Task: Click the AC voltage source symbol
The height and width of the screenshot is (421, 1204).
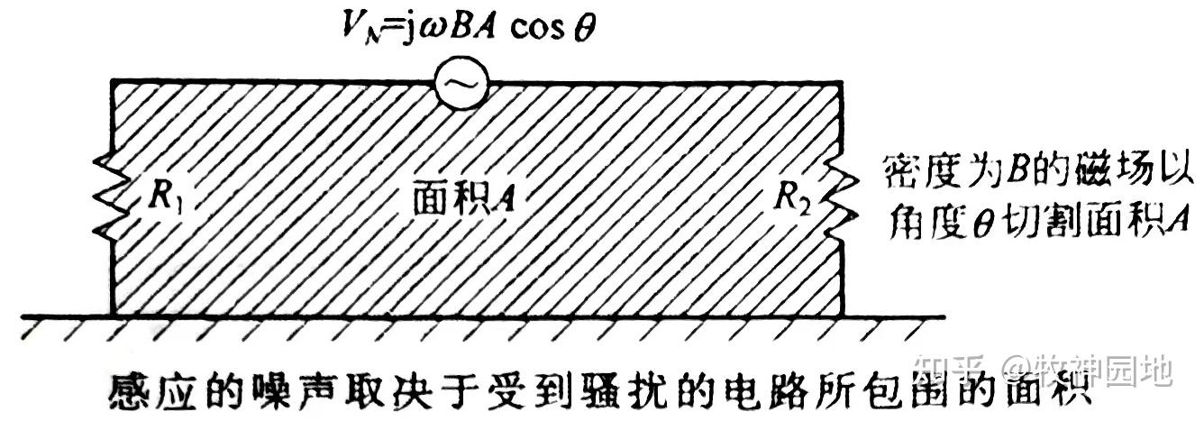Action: tap(458, 84)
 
